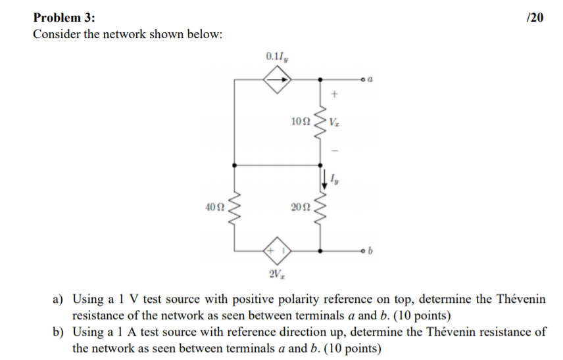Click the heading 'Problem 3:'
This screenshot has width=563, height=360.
[60, 18]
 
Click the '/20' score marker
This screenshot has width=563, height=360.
[535, 18]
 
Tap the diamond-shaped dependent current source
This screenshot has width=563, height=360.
[277, 80]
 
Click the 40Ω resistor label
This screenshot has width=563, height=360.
[215, 208]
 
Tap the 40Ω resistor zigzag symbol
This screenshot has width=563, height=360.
[235, 207]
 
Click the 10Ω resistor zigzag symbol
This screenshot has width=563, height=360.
[320, 121]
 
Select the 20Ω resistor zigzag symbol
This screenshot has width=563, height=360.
[320, 207]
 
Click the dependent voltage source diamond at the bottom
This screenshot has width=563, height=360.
[277, 250]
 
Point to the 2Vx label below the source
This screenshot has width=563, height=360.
[277, 272]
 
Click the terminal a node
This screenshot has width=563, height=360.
[362, 80]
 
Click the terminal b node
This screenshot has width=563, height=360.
[362, 250]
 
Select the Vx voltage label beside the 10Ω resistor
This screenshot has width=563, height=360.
[335, 122]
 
